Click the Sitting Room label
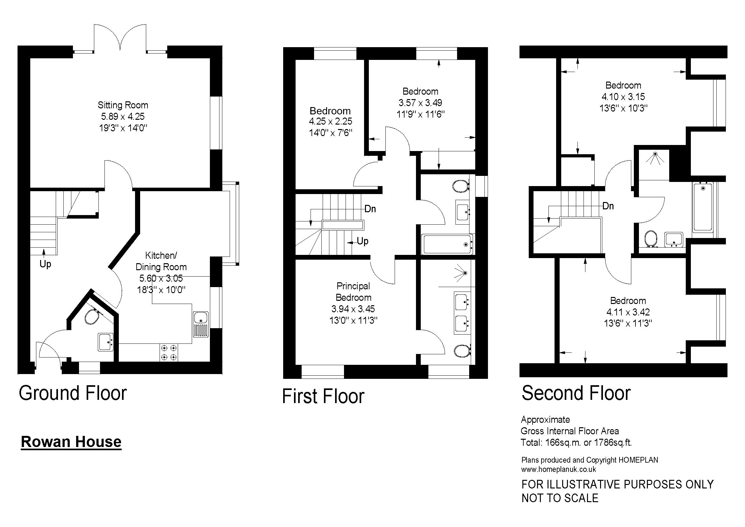[x=123, y=105]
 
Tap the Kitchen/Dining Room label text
[x=161, y=261]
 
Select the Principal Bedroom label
[x=353, y=292]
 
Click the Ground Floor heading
[x=73, y=393]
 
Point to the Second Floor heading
[x=576, y=393]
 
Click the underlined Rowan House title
[x=71, y=442]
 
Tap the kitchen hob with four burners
[x=169, y=353]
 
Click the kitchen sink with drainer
[x=201, y=324]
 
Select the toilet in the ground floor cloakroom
[x=91, y=316]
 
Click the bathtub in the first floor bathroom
[x=447, y=244]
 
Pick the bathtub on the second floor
[x=703, y=207]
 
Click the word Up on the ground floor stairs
[x=46, y=264]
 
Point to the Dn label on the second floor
[x=608, y=206]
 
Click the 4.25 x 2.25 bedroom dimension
[x=330, y=121]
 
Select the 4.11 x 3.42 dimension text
[x=628, y=312]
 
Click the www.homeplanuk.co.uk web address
[x=559, y=469]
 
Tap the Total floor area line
[x=576, y=442]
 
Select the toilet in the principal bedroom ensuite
[x=462, y=351]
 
